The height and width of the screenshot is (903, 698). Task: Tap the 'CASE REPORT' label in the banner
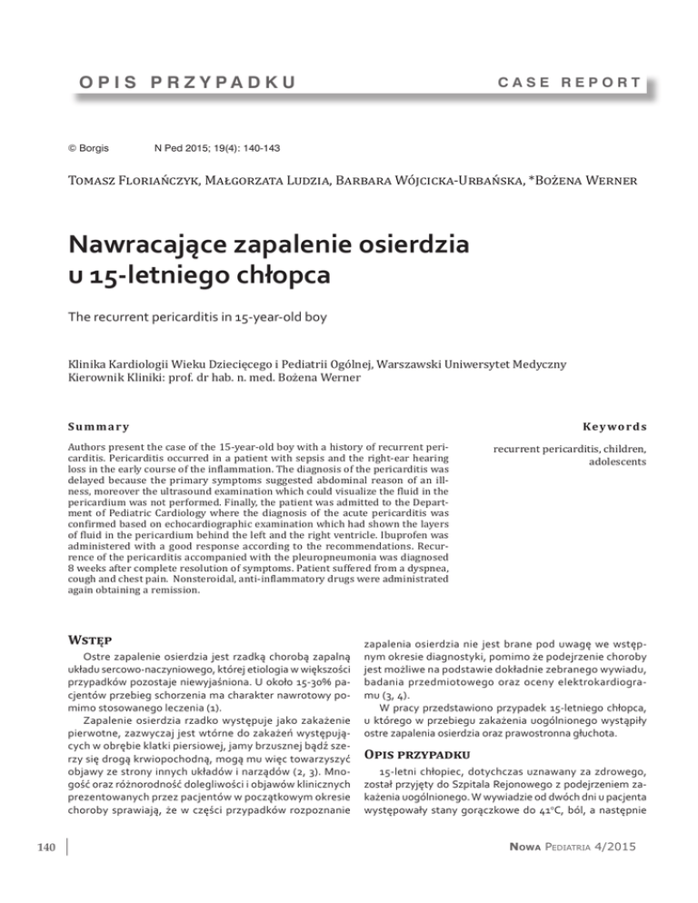563,83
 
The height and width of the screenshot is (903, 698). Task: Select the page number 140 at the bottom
43,874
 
